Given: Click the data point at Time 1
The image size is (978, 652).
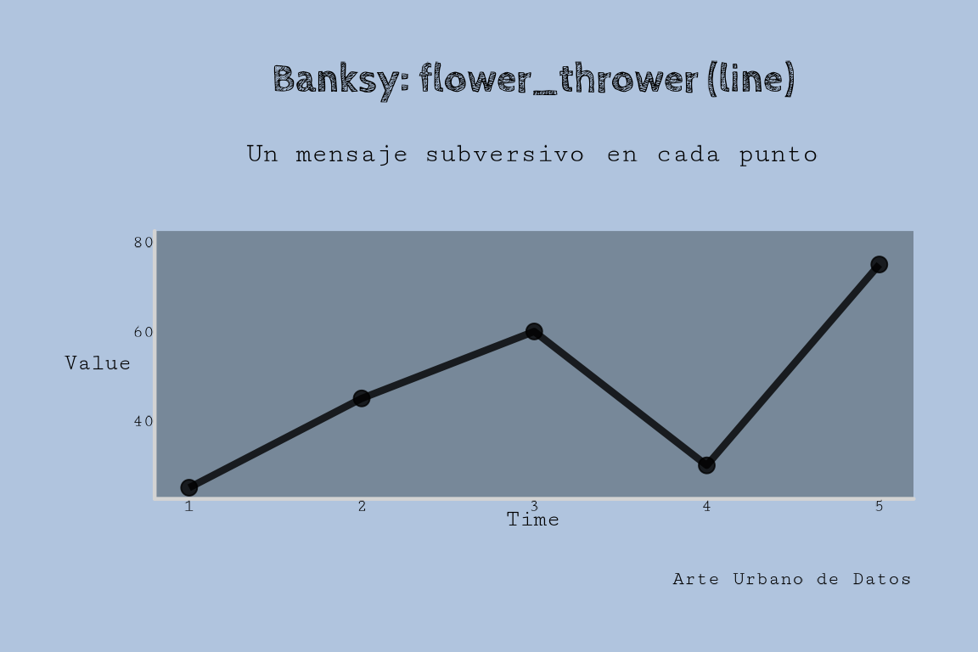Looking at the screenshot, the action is point(189,487).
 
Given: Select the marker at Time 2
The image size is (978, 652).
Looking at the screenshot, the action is point(361,398).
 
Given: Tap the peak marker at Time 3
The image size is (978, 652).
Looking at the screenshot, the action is point(533,331).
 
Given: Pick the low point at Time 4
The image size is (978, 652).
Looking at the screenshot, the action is point(706,465).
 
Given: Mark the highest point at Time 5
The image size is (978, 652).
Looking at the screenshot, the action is point(879,265).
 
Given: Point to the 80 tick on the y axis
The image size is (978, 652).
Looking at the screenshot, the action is point(143,242).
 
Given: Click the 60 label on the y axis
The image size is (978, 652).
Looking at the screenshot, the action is point(143,332).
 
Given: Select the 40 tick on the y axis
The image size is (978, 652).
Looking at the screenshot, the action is point(143,421).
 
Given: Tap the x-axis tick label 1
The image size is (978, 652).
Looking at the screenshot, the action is point(189,507).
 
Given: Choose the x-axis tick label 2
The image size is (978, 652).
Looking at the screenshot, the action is point(362,507).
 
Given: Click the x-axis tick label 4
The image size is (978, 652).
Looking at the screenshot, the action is point(706,507).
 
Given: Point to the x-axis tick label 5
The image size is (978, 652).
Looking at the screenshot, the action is point(879,507).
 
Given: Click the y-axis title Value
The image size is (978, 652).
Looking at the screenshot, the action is point(98,363).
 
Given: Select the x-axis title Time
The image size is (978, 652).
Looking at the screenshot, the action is point(532,519).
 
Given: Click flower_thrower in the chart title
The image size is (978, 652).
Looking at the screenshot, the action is point(559,79).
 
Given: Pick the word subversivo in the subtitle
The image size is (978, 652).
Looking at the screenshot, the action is point(504,155).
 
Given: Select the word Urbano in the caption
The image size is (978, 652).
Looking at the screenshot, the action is point(767,579).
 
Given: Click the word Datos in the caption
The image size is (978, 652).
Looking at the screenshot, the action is point(882,579).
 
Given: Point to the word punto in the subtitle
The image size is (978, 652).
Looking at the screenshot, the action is point(778,155).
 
